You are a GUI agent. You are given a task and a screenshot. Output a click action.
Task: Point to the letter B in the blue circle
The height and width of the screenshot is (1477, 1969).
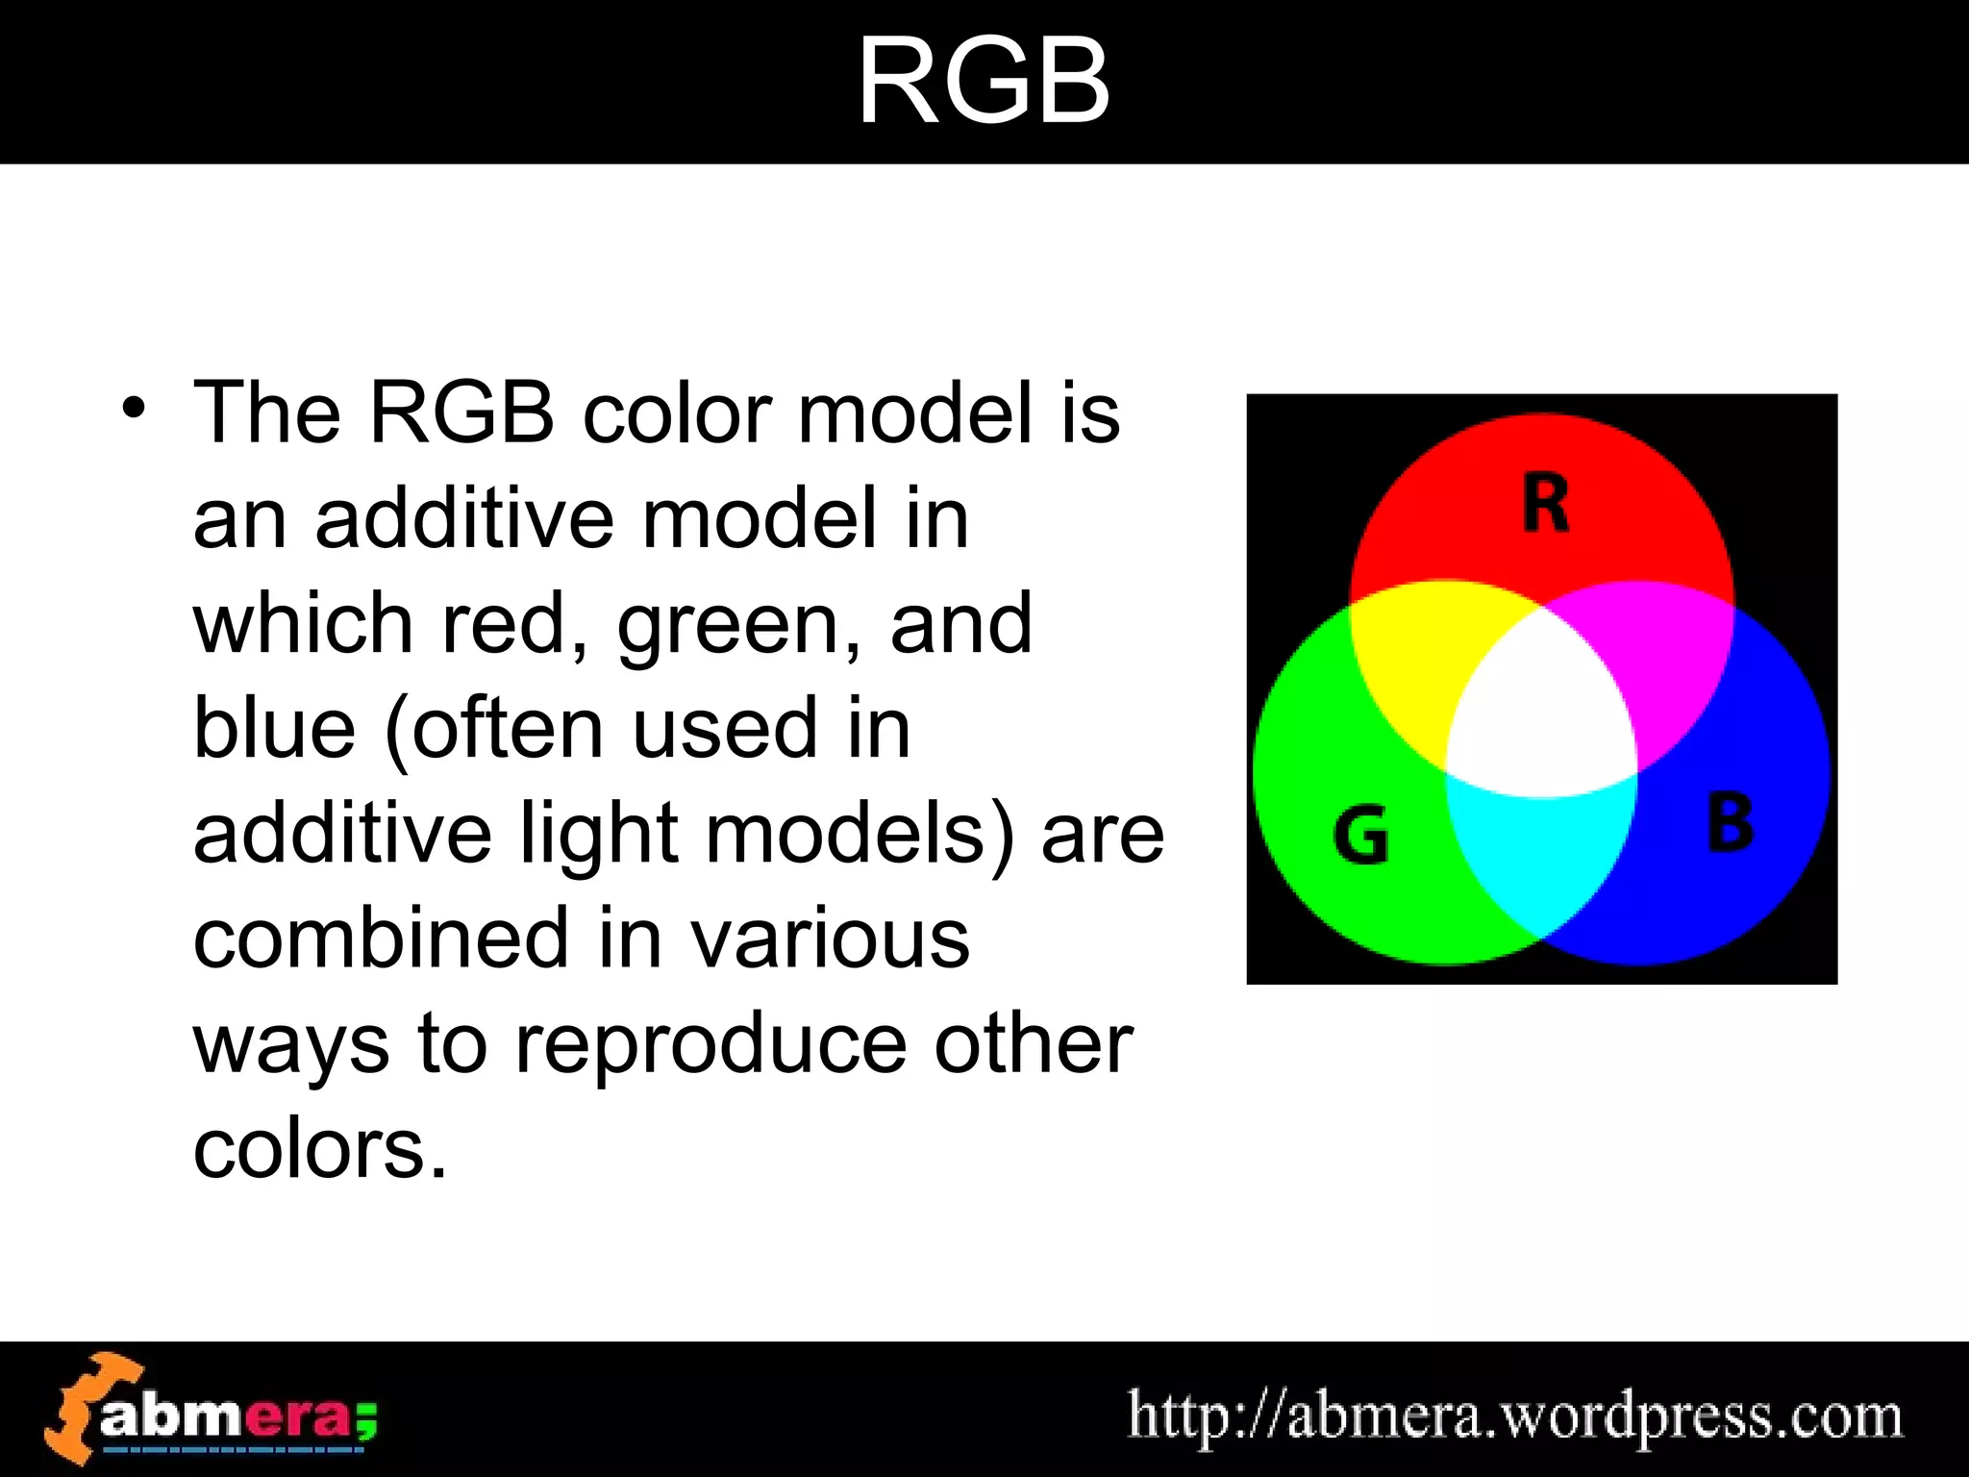1730,823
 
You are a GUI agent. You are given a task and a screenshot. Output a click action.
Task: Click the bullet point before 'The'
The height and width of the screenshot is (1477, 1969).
135,410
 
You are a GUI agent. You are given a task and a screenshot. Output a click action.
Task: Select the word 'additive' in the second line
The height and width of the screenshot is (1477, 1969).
465,519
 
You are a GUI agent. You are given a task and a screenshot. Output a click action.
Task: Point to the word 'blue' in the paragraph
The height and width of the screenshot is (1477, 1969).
275,728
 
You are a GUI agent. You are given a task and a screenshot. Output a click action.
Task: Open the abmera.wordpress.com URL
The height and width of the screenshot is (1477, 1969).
1514,1415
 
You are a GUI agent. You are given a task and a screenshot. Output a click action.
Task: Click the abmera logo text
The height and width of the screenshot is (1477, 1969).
236,1416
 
